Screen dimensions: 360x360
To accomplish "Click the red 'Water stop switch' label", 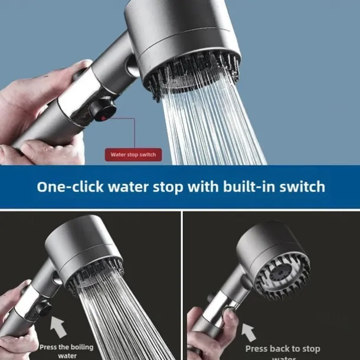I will click(x=133, y=155).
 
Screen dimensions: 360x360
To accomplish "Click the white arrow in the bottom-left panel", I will click(x=57, y=326).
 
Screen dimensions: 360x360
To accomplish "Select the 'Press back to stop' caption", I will click(x=283, y=349).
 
